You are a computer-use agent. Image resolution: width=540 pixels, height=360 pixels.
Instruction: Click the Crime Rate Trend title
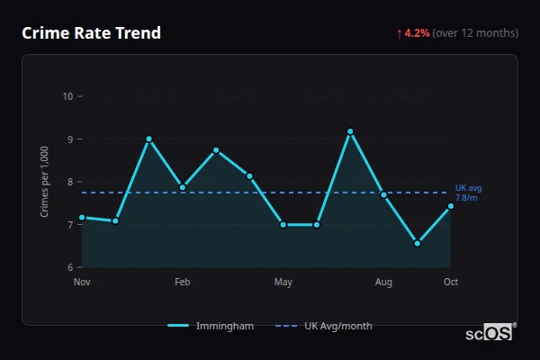point(92,33)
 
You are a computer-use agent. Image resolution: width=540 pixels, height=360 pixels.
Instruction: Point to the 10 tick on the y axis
point(67,96)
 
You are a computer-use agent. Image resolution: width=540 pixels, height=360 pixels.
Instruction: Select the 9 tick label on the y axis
point(69,139)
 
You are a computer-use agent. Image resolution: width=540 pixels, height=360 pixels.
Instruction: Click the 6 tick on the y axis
point(69,267)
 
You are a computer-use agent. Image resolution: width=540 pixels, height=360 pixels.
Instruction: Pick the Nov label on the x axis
point(82,283)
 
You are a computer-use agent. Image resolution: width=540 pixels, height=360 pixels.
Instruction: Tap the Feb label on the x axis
point(183,283)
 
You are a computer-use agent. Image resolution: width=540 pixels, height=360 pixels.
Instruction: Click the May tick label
point(283,283)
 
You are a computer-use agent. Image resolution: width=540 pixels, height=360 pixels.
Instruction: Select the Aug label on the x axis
point(383,283)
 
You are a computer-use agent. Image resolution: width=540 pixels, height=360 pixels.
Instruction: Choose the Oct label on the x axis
point(451,283)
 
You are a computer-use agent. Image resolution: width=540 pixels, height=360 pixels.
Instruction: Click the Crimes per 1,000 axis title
point(44,182)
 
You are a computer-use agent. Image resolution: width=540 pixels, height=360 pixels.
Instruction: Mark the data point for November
point(82,217)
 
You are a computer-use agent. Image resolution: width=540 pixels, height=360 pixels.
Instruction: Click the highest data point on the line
point(350,131)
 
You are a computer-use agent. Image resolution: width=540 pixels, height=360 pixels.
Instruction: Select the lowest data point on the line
point(418,243)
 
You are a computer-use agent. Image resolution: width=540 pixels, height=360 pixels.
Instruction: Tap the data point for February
point(183,187)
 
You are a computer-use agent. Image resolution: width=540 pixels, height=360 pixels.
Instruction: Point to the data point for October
point(451,206)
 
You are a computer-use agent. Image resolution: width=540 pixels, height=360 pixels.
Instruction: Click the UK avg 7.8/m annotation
point(468,193)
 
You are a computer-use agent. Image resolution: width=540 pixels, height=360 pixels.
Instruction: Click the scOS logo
point(490,332)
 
